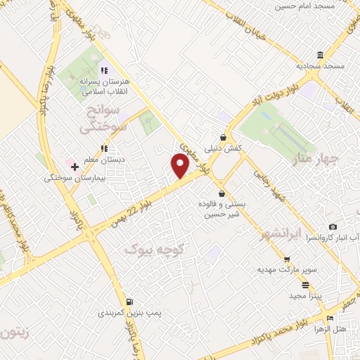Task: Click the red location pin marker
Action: (x=181, y=165)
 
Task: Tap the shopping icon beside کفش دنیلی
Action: (x=224, y=138)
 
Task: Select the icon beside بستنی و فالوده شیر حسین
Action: (x=221, y=193)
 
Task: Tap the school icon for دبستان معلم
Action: (x=103, y=148)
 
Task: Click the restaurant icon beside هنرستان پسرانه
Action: (x=104, y=70)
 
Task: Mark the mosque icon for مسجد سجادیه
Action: (x=320, y=56)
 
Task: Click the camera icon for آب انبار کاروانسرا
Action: (x=333, y=227)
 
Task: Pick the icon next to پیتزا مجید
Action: (x=305, y=285)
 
